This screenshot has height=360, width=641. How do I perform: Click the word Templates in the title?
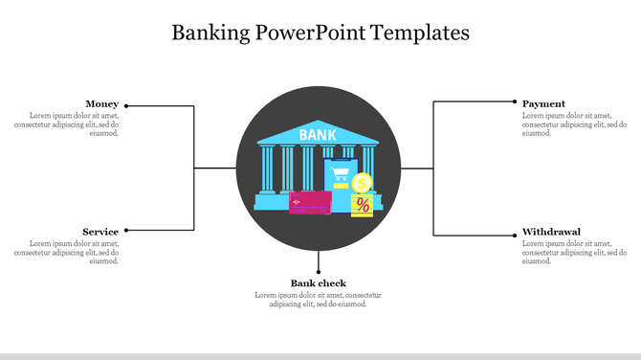(x=423, y=33)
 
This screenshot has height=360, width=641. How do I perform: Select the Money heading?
(x=102, y=103)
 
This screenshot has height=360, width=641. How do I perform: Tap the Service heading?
(x=100, y=232)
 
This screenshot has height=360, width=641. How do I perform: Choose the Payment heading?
(x=543, y=103)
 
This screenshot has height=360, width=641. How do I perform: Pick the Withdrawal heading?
(x=551, y=232)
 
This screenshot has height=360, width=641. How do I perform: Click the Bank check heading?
(x=319, y=282)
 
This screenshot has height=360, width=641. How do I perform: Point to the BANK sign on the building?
(x=318, y=135)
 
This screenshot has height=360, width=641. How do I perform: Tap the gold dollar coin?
(x=362, y=183)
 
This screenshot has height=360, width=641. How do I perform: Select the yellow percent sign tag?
(x=363, y=205)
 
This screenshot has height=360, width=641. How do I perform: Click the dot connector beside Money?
(x=127, y=106)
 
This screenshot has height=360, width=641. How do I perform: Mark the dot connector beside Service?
(x=127, y=230)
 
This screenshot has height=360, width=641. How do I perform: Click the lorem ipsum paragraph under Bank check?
(x=319, y=300)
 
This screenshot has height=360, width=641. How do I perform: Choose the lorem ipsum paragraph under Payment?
(x=574, y=124)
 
